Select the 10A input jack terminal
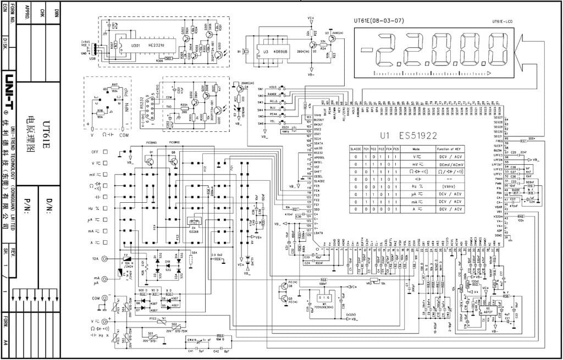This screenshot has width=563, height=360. tap(115, 258)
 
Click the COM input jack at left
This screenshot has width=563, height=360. tap(115, 298)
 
